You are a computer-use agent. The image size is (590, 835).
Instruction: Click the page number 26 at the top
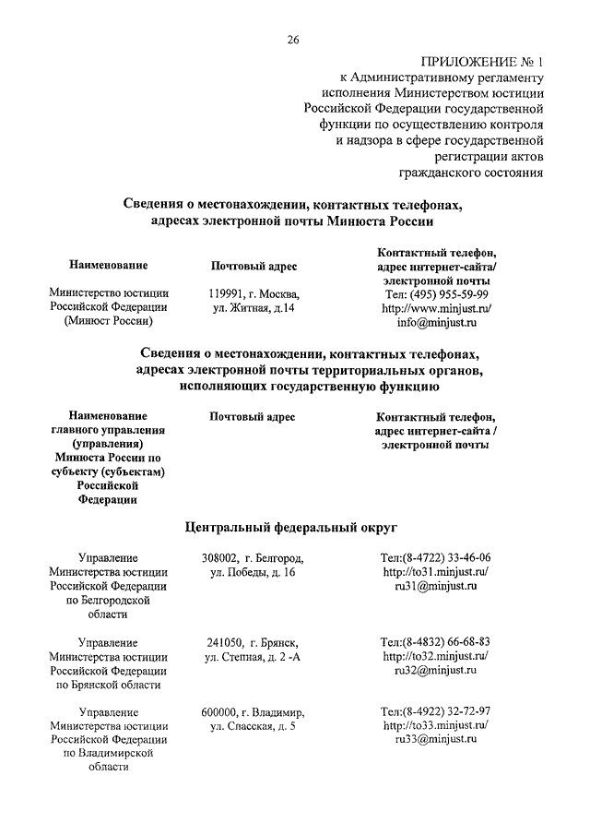click(x=294, y=39)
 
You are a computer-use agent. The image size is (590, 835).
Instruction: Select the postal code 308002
click(x=220, y=558)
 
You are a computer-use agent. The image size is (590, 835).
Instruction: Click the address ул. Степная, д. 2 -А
click(x=253, y=656)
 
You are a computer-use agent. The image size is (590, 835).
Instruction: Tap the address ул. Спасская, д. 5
click(x=253, y=726)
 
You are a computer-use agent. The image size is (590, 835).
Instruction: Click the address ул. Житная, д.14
click(x=253, y=308)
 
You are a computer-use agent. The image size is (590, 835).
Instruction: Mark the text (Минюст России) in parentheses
click(x=108, y=322)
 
